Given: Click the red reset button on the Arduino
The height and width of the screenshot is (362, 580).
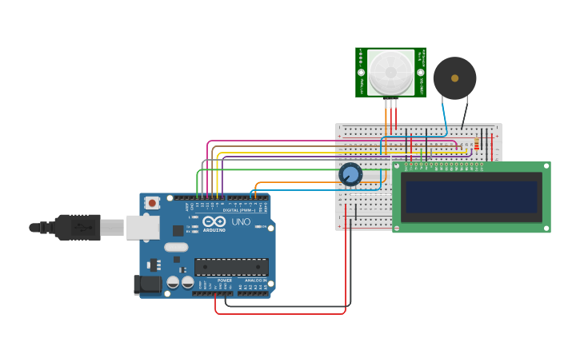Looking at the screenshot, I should coord(152,203).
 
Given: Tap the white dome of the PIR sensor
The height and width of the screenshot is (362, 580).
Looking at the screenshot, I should coord(390,73).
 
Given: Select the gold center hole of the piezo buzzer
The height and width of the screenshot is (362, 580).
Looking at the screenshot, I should coord(454,78).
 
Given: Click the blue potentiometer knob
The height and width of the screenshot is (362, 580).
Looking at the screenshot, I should coord(350,174).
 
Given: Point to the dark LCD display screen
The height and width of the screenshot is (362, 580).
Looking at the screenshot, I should coord(471,197).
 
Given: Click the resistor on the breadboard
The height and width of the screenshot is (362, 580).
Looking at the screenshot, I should coord(478,144).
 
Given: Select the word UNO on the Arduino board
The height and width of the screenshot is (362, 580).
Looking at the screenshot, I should coord(241,221).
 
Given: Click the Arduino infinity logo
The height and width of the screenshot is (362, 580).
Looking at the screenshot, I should coord(214,221).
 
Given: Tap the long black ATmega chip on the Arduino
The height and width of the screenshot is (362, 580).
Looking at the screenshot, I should coord(231,267).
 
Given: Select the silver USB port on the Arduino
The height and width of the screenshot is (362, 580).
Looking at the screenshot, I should coord(142,228).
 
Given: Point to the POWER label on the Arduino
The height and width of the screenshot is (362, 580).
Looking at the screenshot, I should coord(225,280).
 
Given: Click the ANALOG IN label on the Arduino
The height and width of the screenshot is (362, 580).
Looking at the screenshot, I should coord(255,280).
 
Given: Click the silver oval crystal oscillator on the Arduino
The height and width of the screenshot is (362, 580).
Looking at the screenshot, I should coord(176,247).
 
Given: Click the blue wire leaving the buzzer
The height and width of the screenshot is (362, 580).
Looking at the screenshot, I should coord(444,112).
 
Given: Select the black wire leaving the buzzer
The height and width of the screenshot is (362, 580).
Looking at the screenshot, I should coord(465,112).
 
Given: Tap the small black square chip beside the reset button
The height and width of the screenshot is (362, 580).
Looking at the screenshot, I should coord(178,230).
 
